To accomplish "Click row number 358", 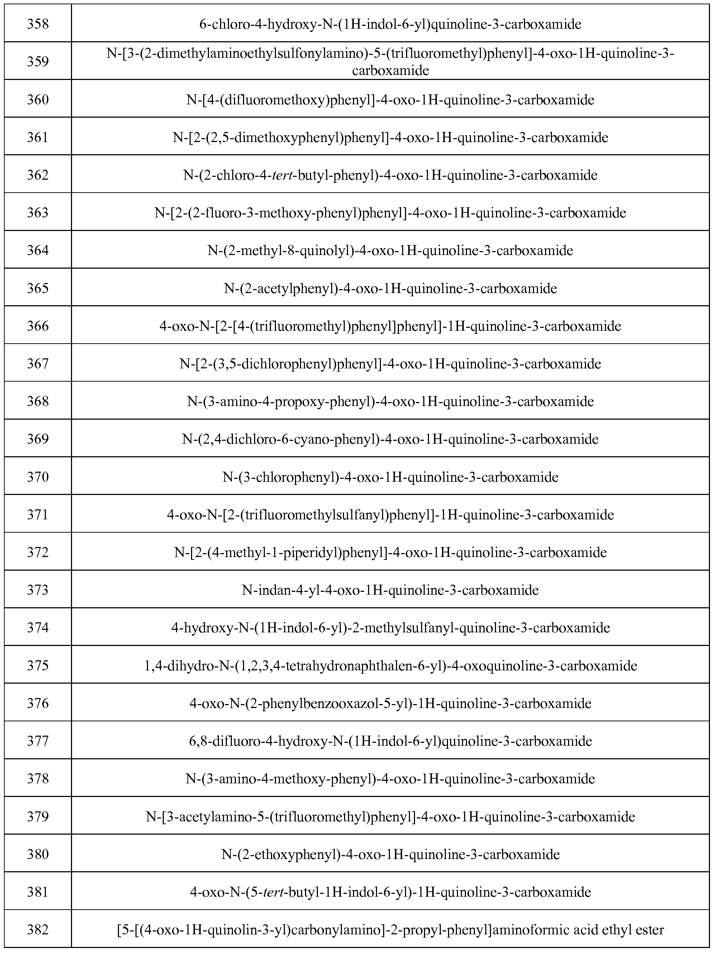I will pyautogui.click(x=38, y=24).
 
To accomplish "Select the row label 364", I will pyautogui.click(x=38, y=250).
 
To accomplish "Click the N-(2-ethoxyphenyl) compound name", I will pyautogui.click(x=390, y=854).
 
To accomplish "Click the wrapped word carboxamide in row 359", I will pyautogui.click(x=390, y=71).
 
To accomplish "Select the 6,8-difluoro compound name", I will pyautogui.click(x=390, y=741).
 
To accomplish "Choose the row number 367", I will pyautogui.click(x=38, y=364).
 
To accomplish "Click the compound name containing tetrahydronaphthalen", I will pyautogui.click(x=390, y=666).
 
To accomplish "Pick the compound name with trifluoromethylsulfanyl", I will pyautogui.click(x=390, y=515).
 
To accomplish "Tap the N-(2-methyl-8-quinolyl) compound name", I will pyautogui.click(x=390, y=250).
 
